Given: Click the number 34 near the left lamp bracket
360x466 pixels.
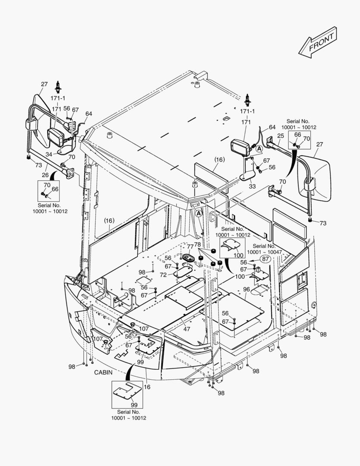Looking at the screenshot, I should click(49, 154).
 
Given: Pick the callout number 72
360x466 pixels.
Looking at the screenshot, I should click(163, 275).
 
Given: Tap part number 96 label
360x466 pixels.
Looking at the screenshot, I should click(246, 290).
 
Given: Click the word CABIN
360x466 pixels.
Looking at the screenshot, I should click(103, 372).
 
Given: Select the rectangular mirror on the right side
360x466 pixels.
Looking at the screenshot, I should click(313, 177).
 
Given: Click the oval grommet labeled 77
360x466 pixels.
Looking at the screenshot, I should click(189, 258).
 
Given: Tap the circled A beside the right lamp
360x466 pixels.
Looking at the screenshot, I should click(259, 148).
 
